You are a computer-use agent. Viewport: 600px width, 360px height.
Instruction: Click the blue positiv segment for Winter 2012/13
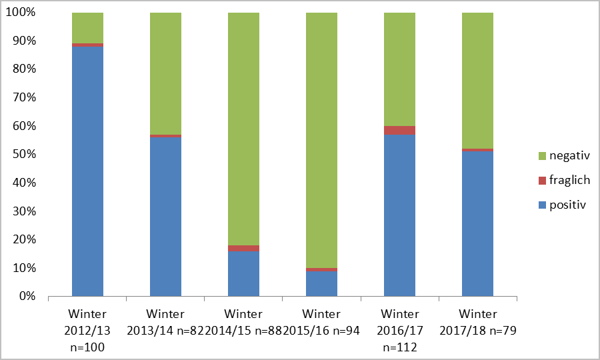pos(87,171)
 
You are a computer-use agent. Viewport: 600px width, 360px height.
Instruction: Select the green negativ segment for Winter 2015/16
pos(321,140)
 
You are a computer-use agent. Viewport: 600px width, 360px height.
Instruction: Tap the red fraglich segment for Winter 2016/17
pos(399,130)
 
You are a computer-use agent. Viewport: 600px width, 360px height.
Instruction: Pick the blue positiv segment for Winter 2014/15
pos(243,273)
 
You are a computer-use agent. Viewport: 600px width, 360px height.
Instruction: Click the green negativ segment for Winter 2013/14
pos(165,73)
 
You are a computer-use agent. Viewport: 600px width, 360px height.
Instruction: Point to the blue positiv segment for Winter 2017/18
pos(477,224)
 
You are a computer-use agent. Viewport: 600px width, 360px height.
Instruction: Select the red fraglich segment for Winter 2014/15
pos(243,248)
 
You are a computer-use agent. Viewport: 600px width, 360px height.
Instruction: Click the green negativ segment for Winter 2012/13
pos(87,28)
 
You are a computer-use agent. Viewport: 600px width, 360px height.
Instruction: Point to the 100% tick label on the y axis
pos(22,13)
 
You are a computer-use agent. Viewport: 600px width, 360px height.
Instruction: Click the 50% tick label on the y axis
pos(25,155)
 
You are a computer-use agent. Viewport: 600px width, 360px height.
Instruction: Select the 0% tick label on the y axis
pos(27,296)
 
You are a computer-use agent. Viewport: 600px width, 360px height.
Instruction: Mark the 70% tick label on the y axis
pos(25,98)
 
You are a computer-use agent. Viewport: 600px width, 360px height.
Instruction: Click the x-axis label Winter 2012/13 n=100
pos(87,330)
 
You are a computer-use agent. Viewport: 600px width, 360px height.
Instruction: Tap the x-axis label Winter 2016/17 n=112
pos(399,330)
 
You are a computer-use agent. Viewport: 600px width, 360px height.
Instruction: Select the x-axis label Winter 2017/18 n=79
pos(477,322)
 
